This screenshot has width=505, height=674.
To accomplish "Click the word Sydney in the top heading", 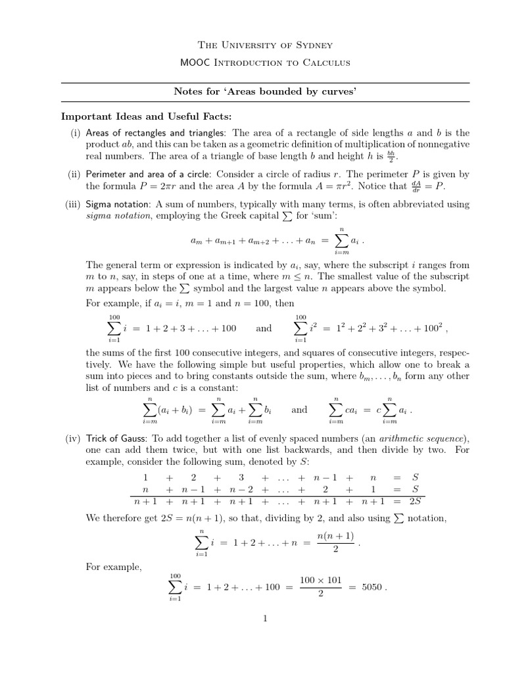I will pyautogui.click(x=312, y=45).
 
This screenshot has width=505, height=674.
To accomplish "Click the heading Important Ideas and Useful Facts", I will pyautogui.click(x=147, y=117).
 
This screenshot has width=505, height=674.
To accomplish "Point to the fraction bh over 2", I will pyautogui.click(x=393, y=157).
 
